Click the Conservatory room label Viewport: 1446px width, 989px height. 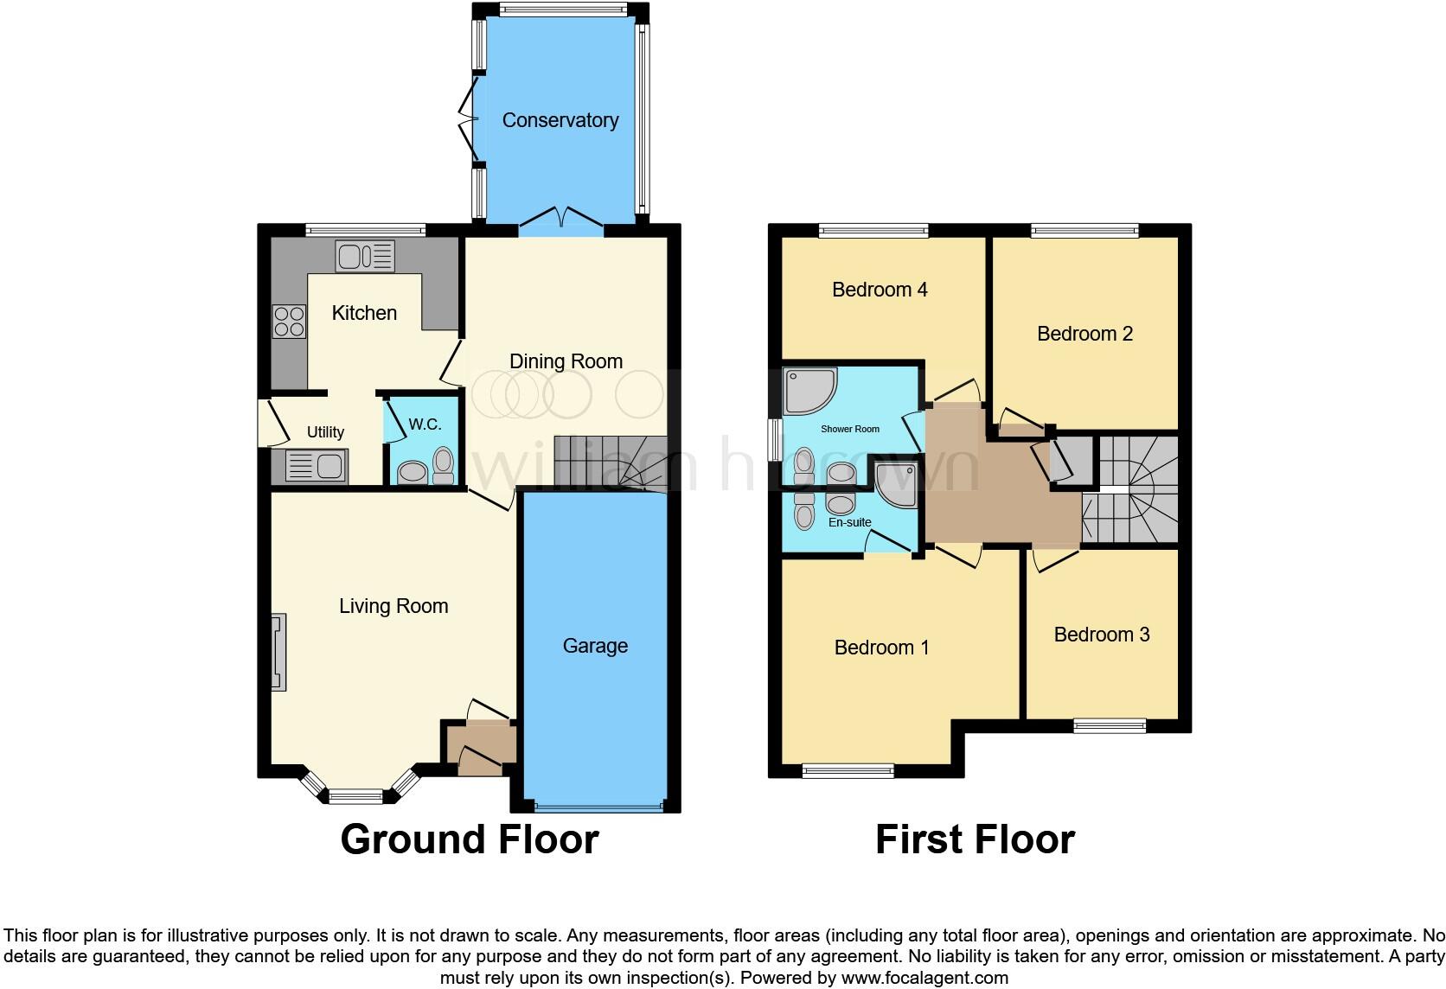[560, 120]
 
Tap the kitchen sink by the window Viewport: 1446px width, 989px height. [365, 256]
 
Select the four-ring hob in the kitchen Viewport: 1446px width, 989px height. [289, 322]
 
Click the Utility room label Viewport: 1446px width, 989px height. [325, 432]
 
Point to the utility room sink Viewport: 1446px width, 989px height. [316, 467]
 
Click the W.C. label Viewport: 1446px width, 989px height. [425, 424]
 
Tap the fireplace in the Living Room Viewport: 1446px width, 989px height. [278, 652]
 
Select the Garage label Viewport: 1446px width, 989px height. [595, 646]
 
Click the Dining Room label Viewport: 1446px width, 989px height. [566, 361]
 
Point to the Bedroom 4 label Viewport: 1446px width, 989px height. [880, 290]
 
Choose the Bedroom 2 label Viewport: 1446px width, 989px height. [1084, 334]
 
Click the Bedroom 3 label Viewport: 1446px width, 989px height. [1102, 635]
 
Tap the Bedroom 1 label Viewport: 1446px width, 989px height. [881, 648]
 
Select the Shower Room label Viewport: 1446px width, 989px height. [850, 429]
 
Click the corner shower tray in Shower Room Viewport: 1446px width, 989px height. [809, 391]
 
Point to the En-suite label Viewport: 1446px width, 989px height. [849, 522]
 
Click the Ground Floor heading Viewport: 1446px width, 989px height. [470, 839]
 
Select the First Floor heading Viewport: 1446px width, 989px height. [975, 839]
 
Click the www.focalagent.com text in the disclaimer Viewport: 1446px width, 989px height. [925, 978]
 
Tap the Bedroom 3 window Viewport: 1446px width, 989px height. [1110, 726]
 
